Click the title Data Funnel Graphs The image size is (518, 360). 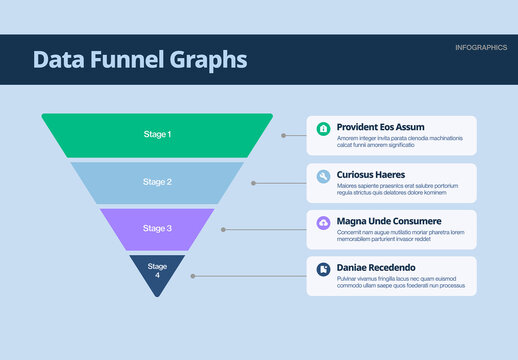click(x=139, y=60)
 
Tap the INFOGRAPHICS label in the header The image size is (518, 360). click(x=480, y=48)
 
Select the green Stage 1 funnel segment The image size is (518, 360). click(x=156, y=135)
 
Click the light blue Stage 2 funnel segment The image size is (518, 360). click(x=157, y=182)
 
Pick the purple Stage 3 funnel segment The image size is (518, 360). click(x=157, y=229)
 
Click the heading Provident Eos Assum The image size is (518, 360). click(x=381, y=128)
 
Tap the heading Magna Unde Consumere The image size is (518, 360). click(x=389, y=221)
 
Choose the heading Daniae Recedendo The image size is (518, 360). click(x=376, y=268)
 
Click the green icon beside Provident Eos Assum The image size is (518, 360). click(x=323, y=129)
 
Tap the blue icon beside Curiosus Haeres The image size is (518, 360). click(x=323, y=176)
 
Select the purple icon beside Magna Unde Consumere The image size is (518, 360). click(x=323, y=222)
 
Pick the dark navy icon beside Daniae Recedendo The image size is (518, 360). click(x=323, y=269)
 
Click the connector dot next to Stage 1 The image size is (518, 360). click(x=282, y=135)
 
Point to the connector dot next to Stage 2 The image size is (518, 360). click(x=253, y=183)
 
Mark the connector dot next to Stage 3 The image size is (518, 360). click(x=223, y=229)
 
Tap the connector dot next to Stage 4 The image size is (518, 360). click(x=193, y=275)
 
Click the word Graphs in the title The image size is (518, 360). click(x=205, y=60)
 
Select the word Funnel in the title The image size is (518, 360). click(x=123, y=60)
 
